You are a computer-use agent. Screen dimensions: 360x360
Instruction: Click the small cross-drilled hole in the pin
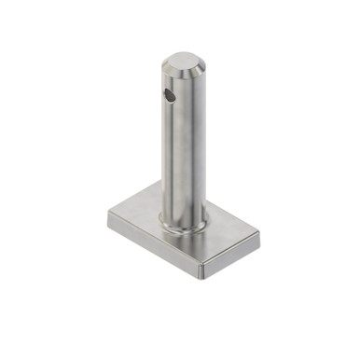coord(167,94)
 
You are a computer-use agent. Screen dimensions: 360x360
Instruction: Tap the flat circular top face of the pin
coord(183,62)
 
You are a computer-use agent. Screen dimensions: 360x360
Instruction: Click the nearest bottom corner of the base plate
coord(202,276)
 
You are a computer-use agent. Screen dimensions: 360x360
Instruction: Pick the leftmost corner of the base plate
coord(108,214)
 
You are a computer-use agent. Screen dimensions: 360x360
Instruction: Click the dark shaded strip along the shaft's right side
coord(199,149)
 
